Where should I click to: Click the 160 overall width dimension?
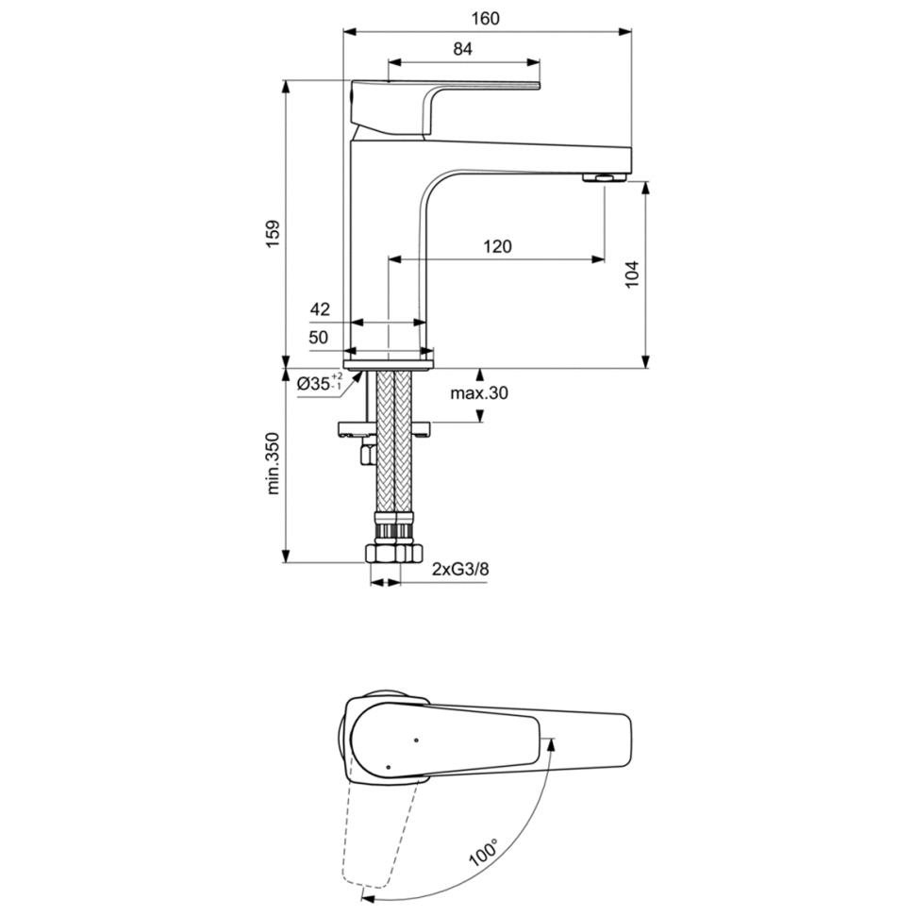(x=487, y=18)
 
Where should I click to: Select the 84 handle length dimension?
(x=462, y=50)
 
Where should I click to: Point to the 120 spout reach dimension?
(x=497, y=246)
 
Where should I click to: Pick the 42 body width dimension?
(x=320, y=308)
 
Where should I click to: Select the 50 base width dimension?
(x=318, y=337)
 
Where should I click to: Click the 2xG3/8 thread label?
(x=460, y=569)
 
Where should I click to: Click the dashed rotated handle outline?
(x=377, y=830)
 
